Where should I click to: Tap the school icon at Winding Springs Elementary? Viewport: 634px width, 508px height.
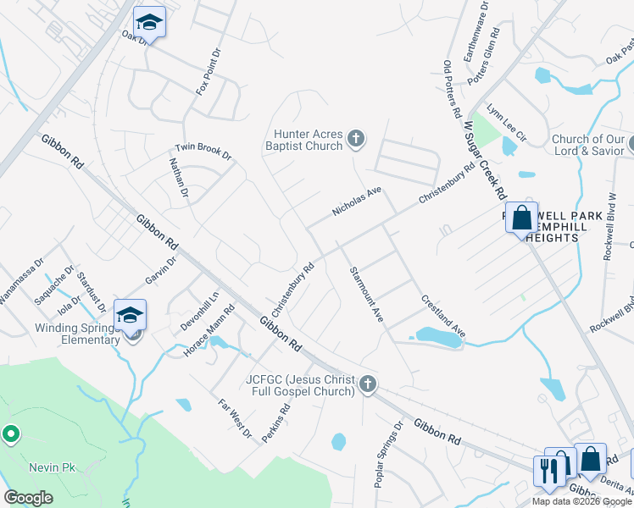click(130, 316)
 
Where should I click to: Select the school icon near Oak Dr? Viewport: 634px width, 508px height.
click(149, 23)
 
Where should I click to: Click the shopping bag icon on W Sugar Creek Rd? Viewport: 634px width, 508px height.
click(522, 218)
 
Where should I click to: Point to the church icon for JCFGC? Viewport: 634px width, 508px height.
click(367, 384)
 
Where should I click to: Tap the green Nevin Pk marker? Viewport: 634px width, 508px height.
click(11, 434)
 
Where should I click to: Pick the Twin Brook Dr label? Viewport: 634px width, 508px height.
click(203, 151)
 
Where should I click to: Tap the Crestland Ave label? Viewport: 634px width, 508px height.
click(443, 315)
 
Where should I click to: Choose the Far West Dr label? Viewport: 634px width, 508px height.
click(235, 419)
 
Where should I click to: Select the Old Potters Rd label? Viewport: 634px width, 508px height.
click(451, 88)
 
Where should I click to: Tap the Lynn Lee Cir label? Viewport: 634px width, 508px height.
click(507, 124)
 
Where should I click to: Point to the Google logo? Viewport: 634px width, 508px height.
click(28, 498)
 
